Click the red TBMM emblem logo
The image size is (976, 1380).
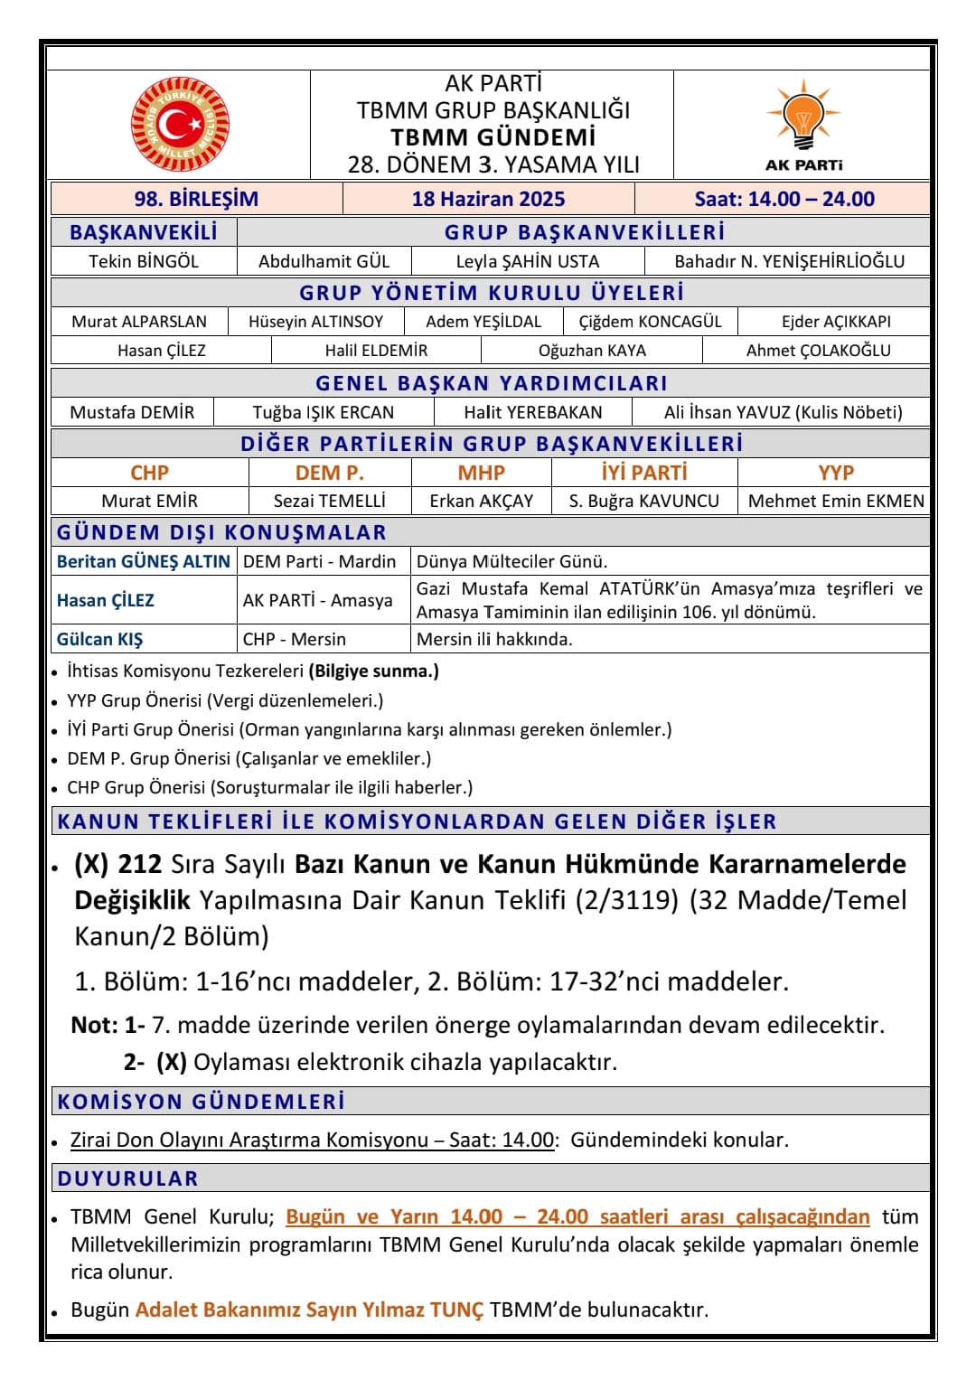(180, 124)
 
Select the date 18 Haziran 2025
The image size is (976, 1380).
(488, 199)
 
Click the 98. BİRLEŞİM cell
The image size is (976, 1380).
(196, 199)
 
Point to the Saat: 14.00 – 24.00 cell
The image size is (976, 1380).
(784, 199)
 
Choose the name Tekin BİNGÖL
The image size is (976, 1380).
(144, 261)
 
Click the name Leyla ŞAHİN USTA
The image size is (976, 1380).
(528, 261)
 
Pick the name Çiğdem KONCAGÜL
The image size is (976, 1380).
(650, 322)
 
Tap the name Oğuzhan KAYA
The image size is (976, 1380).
(592, 351)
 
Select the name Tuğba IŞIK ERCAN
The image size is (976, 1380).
(324, 412)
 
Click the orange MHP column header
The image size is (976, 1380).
(481, 473)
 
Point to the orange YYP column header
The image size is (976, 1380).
(835, 473)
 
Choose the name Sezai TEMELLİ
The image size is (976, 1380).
(329, 501)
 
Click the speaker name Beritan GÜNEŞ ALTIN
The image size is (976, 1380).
(144, 561)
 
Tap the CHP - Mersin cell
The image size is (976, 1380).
(295, 639)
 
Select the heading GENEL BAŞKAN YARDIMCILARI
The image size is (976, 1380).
(491, 383)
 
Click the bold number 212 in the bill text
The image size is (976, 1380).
(140, 864)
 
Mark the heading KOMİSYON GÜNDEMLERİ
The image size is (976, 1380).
(201, 1102)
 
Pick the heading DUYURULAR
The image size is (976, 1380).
(127, 1178)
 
